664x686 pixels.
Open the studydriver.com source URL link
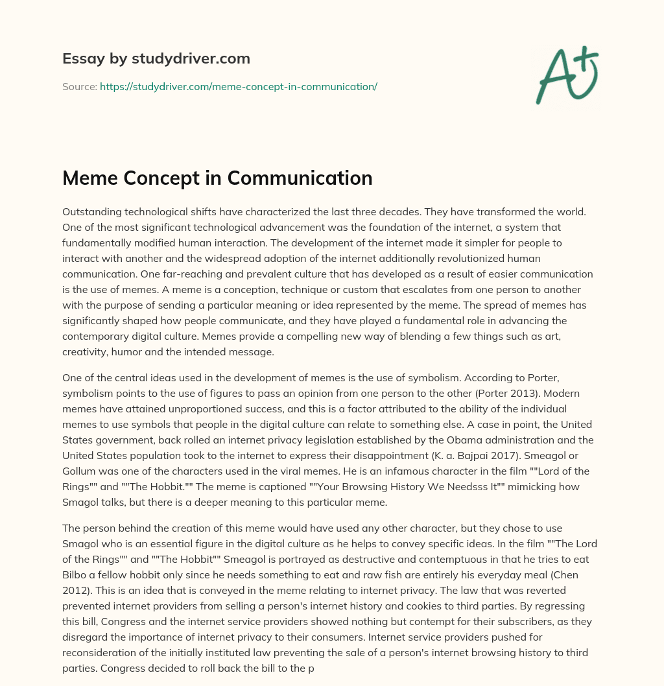click(x=238, y=86)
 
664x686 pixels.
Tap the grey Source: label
click(x=79, y=86)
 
